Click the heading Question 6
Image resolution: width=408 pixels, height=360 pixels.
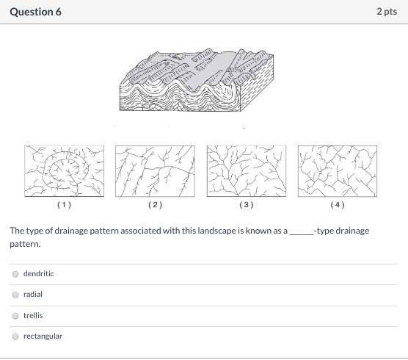(x=35, y=12)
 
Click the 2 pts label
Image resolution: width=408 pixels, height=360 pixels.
(x=387, y=12)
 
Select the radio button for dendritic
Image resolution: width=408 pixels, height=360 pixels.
(x=15, y=273)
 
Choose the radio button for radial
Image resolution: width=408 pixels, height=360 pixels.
(x=15, y=294)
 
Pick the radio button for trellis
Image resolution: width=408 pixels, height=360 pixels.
(x=15, y=315)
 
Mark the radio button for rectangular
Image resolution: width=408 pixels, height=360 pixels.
(x=15, y=336)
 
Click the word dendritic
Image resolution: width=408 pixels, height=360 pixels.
(x=38, y=273)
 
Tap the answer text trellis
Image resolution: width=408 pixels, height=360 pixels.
(x=33, y=315)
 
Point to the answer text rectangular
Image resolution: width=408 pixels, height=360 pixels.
(x=43, y=336)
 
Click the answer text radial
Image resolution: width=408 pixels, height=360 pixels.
(x=33, y=294)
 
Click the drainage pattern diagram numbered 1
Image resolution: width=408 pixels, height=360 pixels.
(x=64, y=171)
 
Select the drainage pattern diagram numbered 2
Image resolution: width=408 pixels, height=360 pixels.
(x=155, y=171)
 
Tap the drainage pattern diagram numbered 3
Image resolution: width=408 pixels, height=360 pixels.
(x=246, y=171)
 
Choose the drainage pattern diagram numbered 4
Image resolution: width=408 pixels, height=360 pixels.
(x=337, y=171)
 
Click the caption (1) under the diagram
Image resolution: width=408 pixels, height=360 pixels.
(x=64, y=205)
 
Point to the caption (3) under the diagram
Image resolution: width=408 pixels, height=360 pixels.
(x=246, y=205)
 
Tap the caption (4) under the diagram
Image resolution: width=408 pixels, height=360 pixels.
(x=337, y=205)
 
